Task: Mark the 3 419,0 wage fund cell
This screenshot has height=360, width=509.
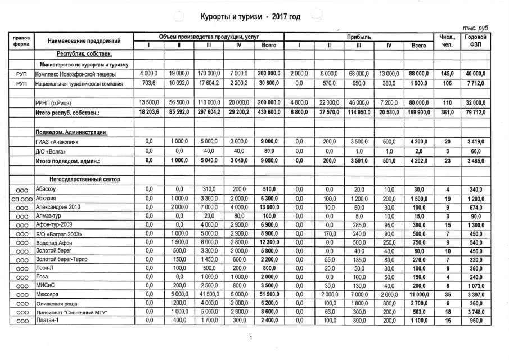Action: point(475,142)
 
